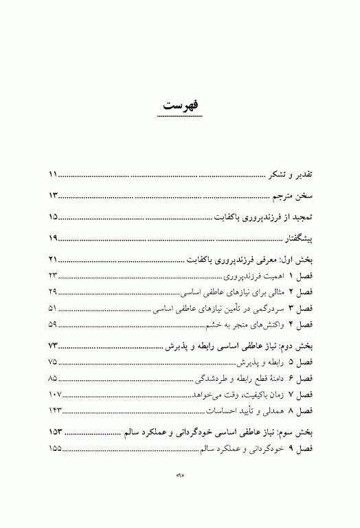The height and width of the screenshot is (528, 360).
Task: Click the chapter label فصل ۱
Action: point(300,276)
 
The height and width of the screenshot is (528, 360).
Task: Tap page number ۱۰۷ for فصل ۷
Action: point(55,394)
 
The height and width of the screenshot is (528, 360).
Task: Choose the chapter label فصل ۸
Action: point(300,410)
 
